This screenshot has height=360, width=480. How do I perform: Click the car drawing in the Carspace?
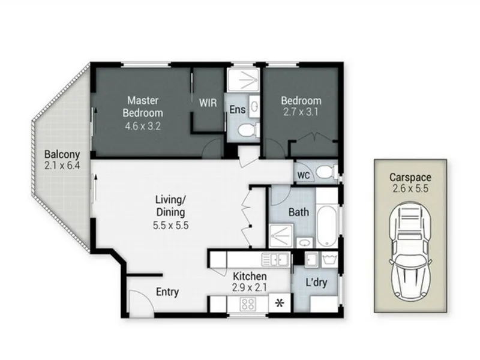coord(410,251)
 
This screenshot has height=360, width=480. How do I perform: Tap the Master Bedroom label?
coord(143,107)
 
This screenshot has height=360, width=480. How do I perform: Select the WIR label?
coord(208,103)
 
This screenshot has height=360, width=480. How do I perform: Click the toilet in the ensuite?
coord(248,131)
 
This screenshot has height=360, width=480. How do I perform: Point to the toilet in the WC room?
coord(326,172)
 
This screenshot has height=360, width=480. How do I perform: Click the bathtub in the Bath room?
coord(327,226)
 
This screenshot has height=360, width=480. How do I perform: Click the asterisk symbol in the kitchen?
coord(280,303)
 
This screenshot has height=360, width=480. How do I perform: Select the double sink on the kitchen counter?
coord(275,259)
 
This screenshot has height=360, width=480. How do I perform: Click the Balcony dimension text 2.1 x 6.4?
coord(62,166)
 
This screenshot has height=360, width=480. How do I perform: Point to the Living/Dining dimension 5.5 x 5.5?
coord(171,226)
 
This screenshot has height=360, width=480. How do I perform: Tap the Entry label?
coord(167,292)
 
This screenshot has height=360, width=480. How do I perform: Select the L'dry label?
coord(317,282)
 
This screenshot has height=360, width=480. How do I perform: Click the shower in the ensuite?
coord(244,80)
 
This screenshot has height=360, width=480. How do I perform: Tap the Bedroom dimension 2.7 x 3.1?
coord(301,112)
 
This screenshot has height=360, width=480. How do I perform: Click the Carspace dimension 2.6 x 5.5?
coord(410,188)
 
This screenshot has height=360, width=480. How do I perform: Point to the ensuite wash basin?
coord(254,106)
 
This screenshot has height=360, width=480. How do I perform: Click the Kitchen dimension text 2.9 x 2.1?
coord(250,287)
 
